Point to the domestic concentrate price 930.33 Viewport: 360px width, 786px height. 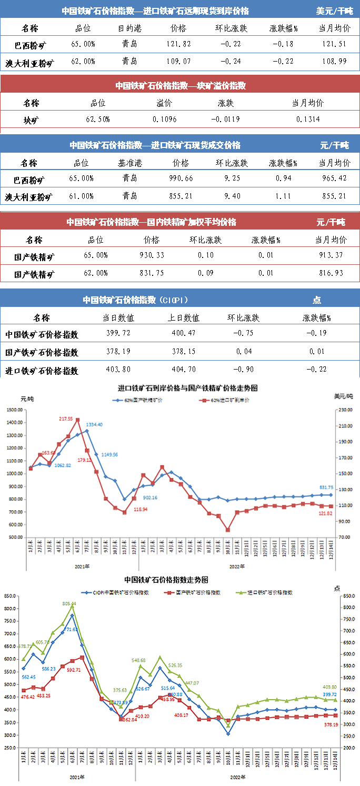[x=152, y=255]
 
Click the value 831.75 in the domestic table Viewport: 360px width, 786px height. [x=152, y=273]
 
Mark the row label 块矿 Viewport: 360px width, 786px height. [x=31, y=120]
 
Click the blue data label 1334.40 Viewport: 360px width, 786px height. [x=94, y=424]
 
